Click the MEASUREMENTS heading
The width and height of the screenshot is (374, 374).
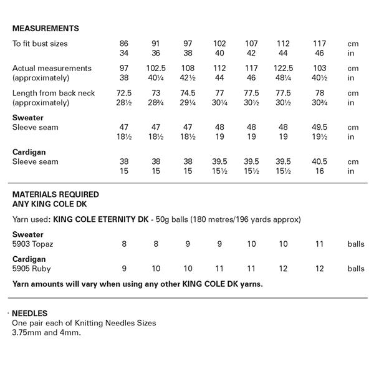click(46, 29)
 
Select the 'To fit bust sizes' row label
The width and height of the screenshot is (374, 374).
click(41, 44)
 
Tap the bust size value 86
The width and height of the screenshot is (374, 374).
click(124, 44)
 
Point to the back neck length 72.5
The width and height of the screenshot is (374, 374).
click(124, 93)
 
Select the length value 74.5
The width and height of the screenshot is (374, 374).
click(188, 93)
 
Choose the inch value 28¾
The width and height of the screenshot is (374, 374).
click(156, 102)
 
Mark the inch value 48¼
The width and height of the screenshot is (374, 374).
click(283, 77)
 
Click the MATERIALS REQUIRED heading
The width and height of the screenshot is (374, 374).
click(55, 194)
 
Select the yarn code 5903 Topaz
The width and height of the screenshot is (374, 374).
click(35, 244)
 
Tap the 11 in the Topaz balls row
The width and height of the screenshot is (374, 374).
click(320, 244)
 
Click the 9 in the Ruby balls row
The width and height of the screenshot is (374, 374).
click(124, 269)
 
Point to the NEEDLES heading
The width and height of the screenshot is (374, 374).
click(30, 314)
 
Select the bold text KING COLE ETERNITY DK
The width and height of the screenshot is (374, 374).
click(106, 219)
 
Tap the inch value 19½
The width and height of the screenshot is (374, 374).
click(320, 136)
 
